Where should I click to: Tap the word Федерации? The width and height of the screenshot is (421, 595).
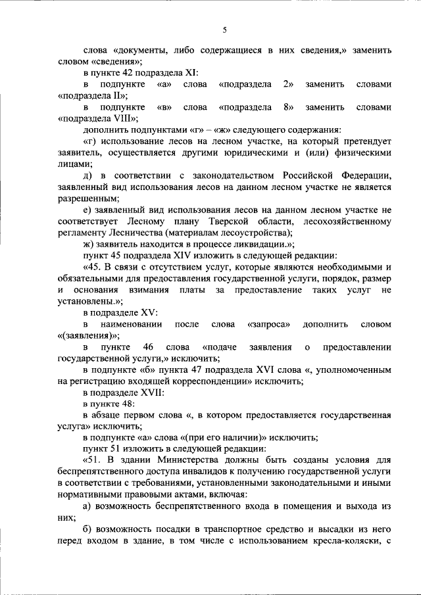[x=367, y=176]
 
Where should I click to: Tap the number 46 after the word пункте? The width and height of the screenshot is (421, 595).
[x=148, y=346]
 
